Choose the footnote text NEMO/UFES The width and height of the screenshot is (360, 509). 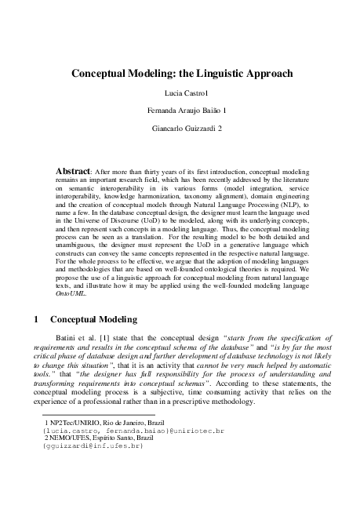pyautogui.click(x=73, y=438)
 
